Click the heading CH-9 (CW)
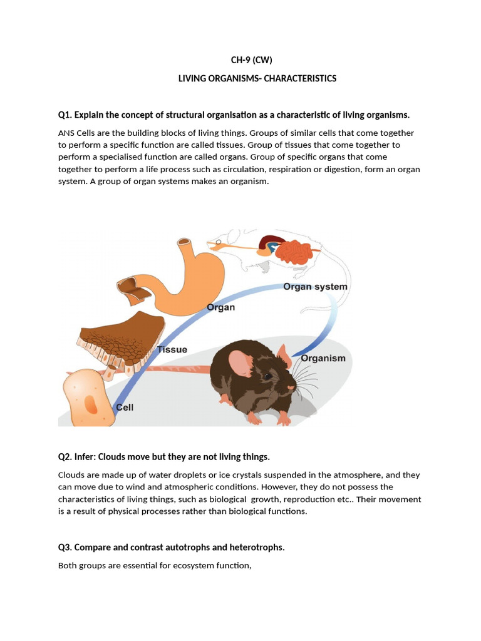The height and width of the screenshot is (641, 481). (252, 61)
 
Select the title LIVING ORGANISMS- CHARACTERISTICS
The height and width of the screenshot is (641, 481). (257, 78)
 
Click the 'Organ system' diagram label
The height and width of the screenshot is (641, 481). (315, 287)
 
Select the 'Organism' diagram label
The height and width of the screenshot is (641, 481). (323, 358)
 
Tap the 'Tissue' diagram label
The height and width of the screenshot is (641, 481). (172, 349)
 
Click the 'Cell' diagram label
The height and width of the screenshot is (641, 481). (125, 407)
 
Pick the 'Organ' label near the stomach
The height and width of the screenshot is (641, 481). (220, 307)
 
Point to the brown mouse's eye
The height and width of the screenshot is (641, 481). (268, 377)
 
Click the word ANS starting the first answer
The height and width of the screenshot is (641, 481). (65, 133)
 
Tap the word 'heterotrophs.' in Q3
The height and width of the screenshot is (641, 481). (257, 547)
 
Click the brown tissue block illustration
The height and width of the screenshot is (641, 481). (119, 342)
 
